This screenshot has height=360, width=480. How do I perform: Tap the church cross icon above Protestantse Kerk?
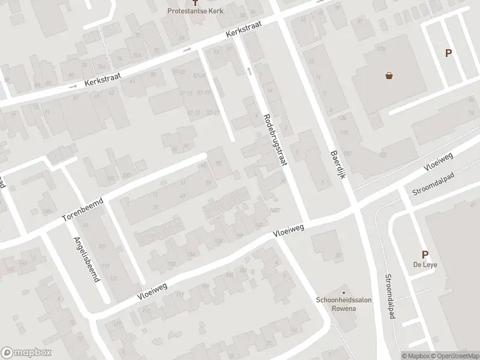pyautogui.click(x=202, y=3)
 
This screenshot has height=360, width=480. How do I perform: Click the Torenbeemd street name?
pyautogui.click(x=83, y=209)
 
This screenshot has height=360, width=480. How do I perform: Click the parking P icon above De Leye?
pyautogui.click(x=425, y=255)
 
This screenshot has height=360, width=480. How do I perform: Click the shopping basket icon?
pyautogui.click(x=389, y=76)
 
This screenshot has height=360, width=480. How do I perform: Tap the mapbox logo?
pyautogui.click(x=24, y=353)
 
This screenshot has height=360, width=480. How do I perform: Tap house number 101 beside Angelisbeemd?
pyautogui.click(x=102, y=247)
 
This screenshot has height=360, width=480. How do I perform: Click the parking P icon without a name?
pyautogui.click(x=448, y=53)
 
